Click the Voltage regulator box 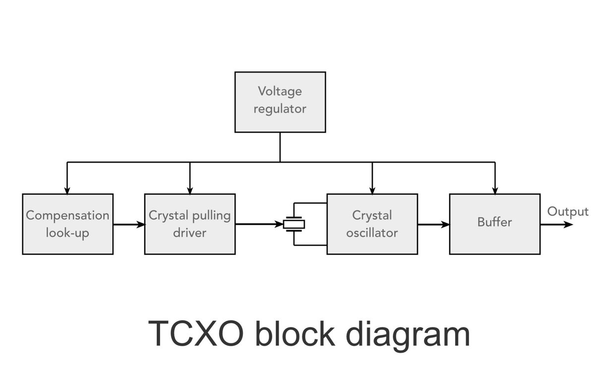pyautogui.click(x=280, y=102)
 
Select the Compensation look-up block pyautogui.click(x=68, y=224)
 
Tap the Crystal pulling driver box pyautogui.click(x=190, y=224)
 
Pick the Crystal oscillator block pyautogui.click(x=372, y=224)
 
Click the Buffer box pyautogui.click(x=495, y=224)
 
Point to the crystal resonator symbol pyautogui.click(x=294, y=224)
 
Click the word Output pyautogui.click(x=568, y=211)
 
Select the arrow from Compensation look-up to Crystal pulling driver pyautogui.click(x=129, y=225)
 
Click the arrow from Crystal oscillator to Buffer pyautogui.click(x=434, y=225)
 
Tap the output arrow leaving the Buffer pyautogui.click(x=557, y=225)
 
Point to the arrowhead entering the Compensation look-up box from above pyautogui.click(x=67, y=191)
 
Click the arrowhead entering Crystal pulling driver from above pyautogui.click(x=190, y=191)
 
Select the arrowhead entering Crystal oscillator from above pyautogui.click(x=372, y=191)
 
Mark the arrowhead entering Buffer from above pyautogui.click(x=495, y=191)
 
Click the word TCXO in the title pyautogui.click(x=196, y=333)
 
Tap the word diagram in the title pyautogui.click(x=408, y=336)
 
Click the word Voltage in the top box pyautogui.click(x=280, y=92)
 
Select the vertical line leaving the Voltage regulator pyautogui.click(x=280, y=147)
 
